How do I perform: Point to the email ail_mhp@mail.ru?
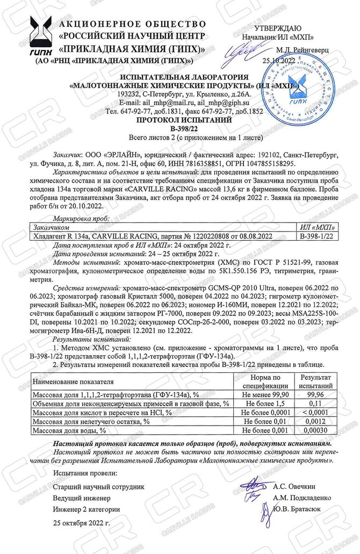(170, 102)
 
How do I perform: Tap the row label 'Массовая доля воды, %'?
(70, 430)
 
